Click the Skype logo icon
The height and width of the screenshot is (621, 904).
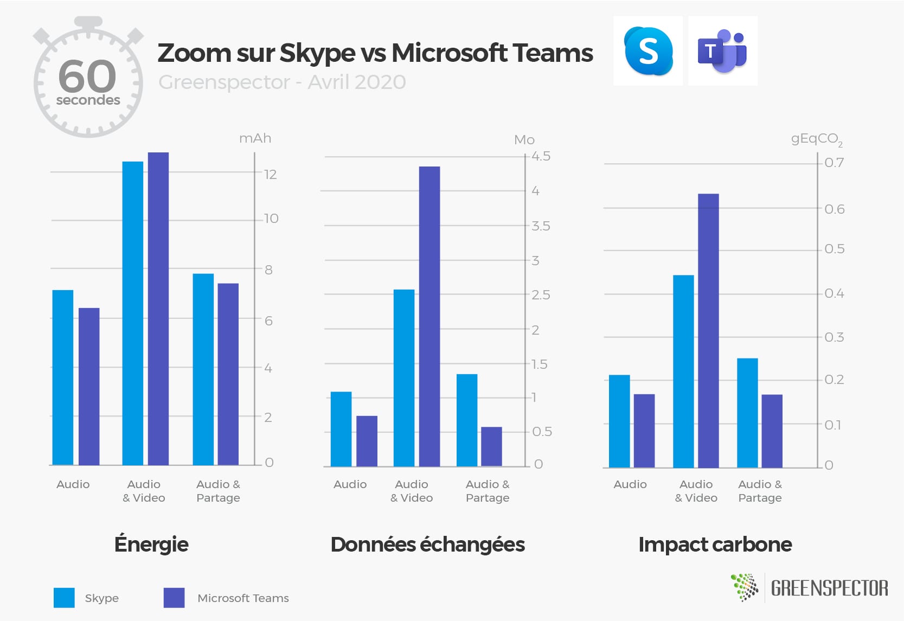pyautogui.click(x=648, y=51)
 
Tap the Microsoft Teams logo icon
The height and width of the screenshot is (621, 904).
pyautogui.click(x=722, y=51)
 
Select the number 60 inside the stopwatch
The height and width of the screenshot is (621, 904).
pyautogui.click(x=87, y=76)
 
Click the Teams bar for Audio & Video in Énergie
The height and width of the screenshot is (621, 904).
pyautogui.click(x=158, y=309)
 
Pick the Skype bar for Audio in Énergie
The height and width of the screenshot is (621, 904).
pyautogui.click(x=63, y=377)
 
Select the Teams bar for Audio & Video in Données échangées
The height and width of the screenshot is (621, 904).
pyautogui.click(x=429, y=316)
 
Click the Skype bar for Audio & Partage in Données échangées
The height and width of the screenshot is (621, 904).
pyautogui.click(x=467, y=420)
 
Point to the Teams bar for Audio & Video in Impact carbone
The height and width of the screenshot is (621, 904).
pyautogui.click(x=708, y=331)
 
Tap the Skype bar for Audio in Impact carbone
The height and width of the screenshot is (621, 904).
pyautogui.click(x=619, y=421)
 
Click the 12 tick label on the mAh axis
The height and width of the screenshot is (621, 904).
pyautogui.click(x=271, y=174)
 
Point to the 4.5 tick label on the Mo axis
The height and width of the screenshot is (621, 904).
pyautogui.click(x=541, y=156)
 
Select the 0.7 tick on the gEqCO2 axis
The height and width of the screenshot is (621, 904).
pyautogui.click(x=834, y=163)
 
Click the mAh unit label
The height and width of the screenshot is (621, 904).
pyautogui.click(x=255, y=138)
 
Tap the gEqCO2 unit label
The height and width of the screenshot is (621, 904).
pyautogui.click(x=817, y=139)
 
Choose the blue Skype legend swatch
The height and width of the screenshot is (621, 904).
pyautogui.click(x=64, y=598)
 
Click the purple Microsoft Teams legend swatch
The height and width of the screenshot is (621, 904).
pyautogui.click(x=174, y=598)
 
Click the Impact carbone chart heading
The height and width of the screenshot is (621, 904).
pyautogui.click(x=715, y=545)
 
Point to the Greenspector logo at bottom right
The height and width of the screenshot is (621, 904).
pyautogui.click(x=810, y=587)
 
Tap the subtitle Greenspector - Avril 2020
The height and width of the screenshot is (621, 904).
pyautogui.click(x=282, y=82)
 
